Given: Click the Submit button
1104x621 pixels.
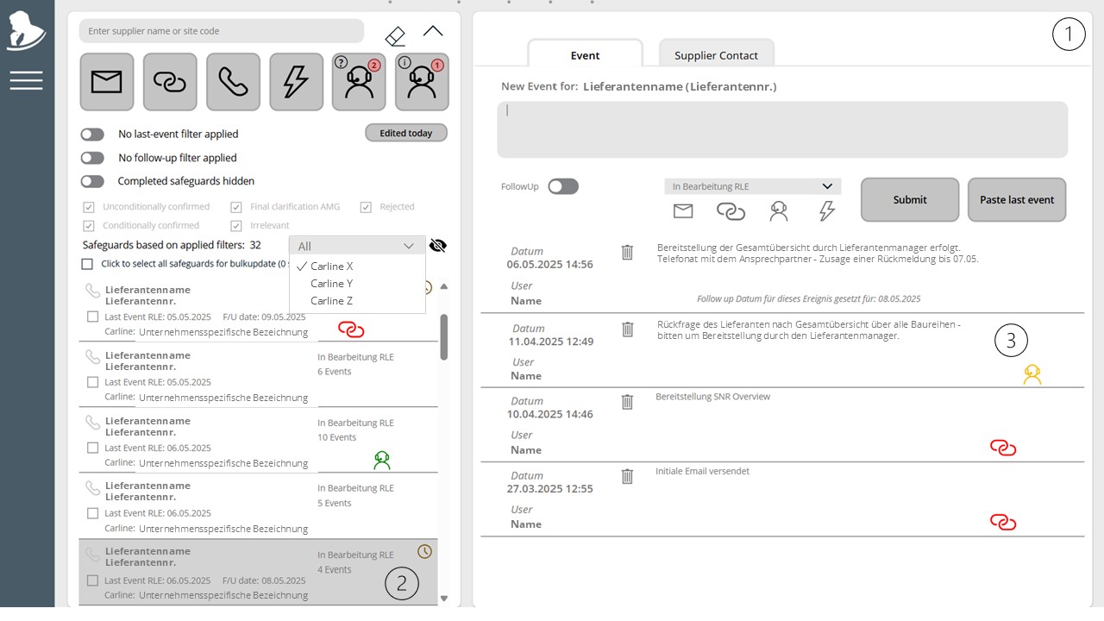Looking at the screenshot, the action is coord(910,199).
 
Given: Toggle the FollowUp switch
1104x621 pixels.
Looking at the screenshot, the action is coord(563,187).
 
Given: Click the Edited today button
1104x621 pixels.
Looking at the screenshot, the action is coord(406,133).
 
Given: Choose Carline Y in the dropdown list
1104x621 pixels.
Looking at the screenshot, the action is coord(331,284).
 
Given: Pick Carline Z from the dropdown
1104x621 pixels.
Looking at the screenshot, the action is coord(331,301).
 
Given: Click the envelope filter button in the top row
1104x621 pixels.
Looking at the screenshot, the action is coord(107,82).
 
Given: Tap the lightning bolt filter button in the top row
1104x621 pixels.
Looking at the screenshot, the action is coord(296,82).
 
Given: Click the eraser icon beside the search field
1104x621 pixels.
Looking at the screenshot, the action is coord(395,36).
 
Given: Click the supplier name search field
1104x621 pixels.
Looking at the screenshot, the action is coord(222,31).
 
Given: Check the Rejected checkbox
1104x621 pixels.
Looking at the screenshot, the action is coord(366,207).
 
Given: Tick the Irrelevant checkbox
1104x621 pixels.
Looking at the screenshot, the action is coord(236,226).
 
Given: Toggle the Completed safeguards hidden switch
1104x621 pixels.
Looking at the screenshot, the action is coord(92,181).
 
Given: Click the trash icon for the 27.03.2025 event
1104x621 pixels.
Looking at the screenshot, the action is coord(627,477).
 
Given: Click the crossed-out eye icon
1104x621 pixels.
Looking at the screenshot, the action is coord(437,246).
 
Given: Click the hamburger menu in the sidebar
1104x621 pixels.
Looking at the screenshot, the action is coord(26,80).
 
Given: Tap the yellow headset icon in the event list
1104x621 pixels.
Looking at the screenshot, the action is coord(1032,374).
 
